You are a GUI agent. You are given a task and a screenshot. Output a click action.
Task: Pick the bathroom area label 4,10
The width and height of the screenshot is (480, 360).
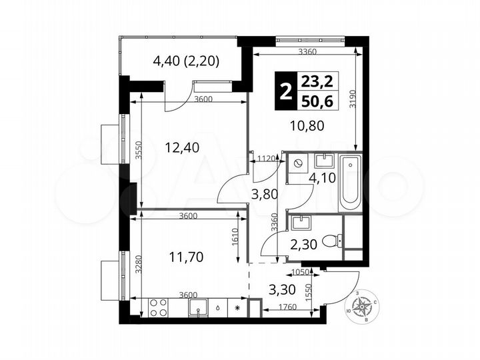click(x=321, y=179)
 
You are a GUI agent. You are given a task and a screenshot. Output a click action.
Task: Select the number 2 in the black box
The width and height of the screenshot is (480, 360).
click(x=285, y=91)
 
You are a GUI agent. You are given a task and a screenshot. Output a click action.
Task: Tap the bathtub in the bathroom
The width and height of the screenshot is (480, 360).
click(x=350, y=181)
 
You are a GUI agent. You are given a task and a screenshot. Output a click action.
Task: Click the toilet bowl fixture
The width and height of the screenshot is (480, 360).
click(x=330, y=241)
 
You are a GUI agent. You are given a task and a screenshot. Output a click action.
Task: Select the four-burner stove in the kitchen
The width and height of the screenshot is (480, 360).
click(x=159, y=308)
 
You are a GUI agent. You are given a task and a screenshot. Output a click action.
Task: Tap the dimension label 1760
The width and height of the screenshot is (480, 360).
click(x=287, y=307)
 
